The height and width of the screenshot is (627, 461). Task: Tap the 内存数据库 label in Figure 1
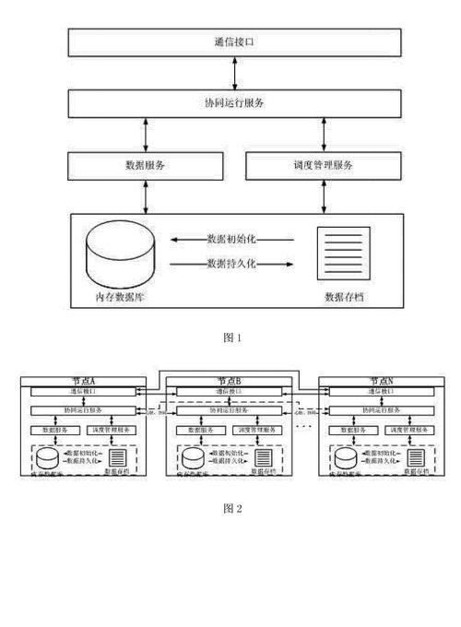tap(120, 298)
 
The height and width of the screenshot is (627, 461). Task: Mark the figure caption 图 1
tap(232, 337)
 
